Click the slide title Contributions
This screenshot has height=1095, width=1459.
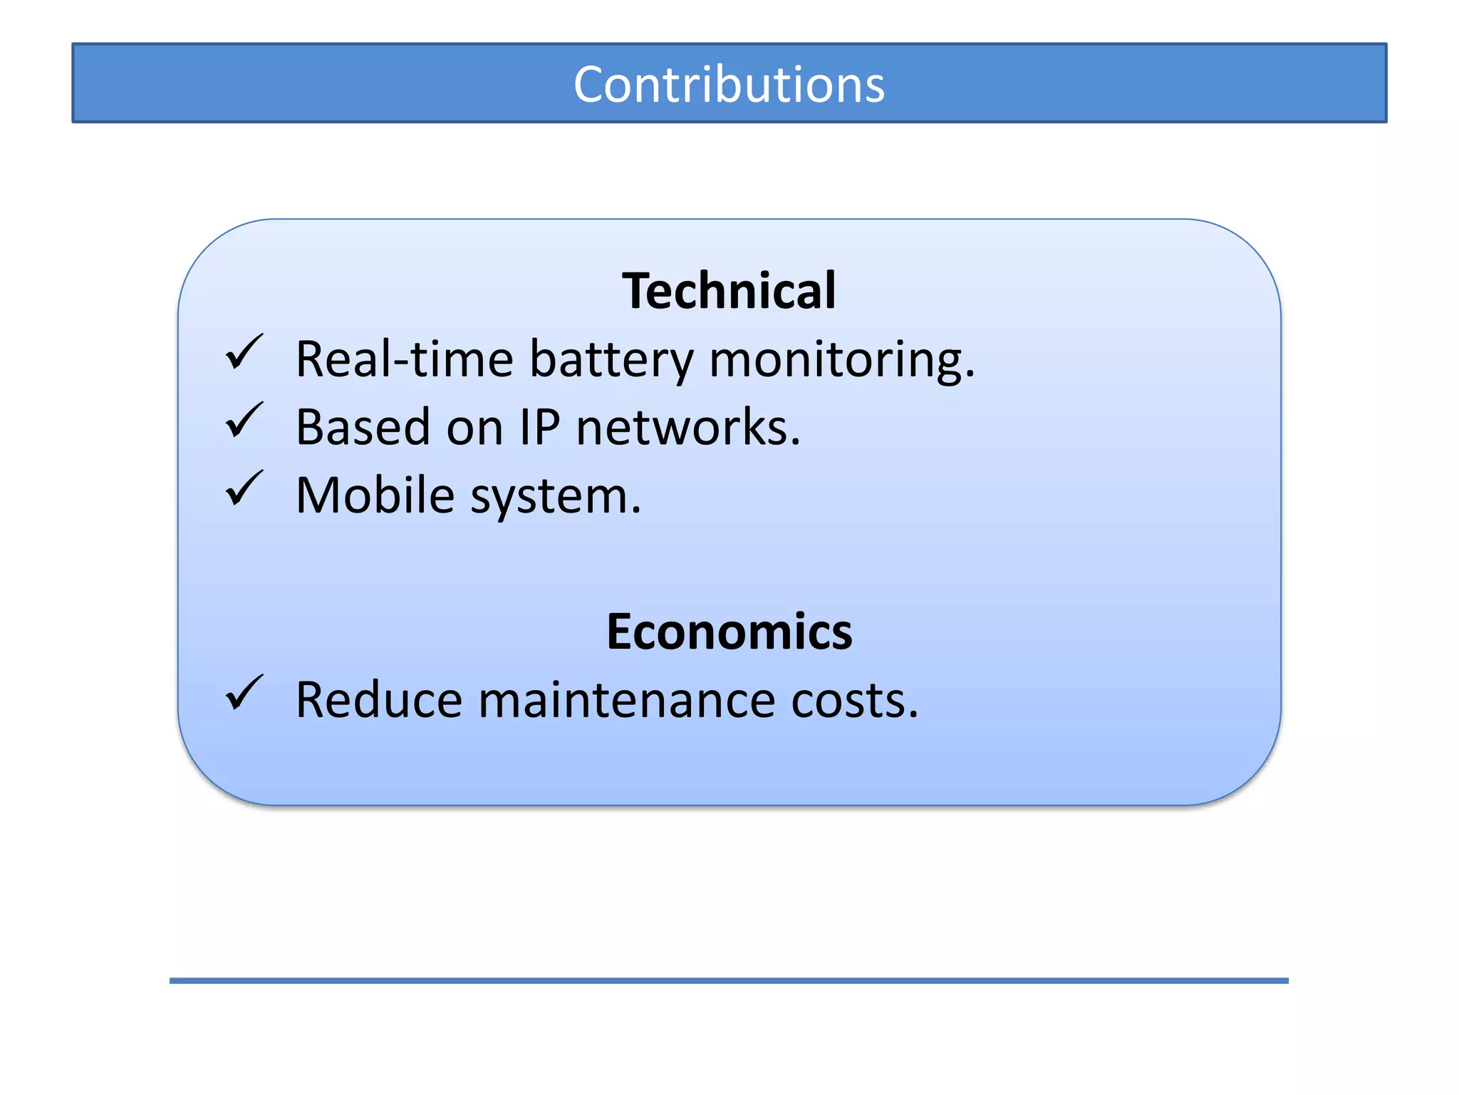point(729,84)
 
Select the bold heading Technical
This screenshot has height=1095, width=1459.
point(729,291)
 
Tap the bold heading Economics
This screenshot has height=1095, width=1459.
point(729,632)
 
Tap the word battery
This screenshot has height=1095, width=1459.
point(611,360)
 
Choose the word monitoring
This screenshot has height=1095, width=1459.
point(841,360)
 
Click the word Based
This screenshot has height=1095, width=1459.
point(363,427)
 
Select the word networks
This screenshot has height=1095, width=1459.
point(687,427)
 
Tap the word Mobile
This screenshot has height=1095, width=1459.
point(375,495)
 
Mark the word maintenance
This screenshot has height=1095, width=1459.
point(626,700)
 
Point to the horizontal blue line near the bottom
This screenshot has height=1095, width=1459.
point(729,981)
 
